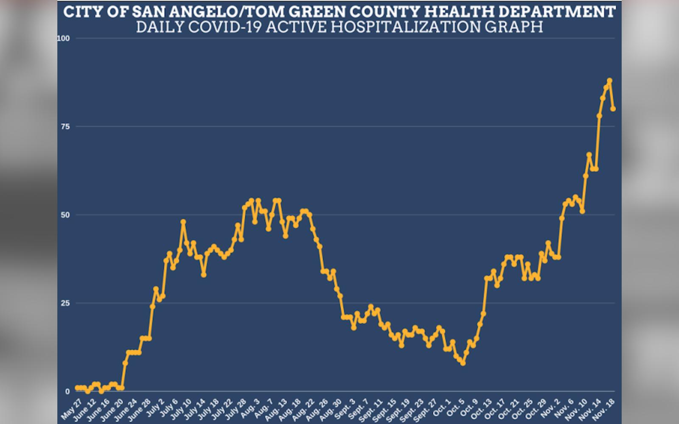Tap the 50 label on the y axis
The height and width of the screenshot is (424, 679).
point(65,215)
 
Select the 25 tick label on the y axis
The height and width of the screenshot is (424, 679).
point(65,303)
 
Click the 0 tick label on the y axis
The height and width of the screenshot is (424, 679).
point(67,391)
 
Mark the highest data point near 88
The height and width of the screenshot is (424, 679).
point(609,81)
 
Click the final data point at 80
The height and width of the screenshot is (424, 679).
point(613,109)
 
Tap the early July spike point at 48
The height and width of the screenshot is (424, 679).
point(183,222)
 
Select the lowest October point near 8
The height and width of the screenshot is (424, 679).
point(463,363)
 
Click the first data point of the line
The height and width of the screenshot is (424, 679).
point(77,388)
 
